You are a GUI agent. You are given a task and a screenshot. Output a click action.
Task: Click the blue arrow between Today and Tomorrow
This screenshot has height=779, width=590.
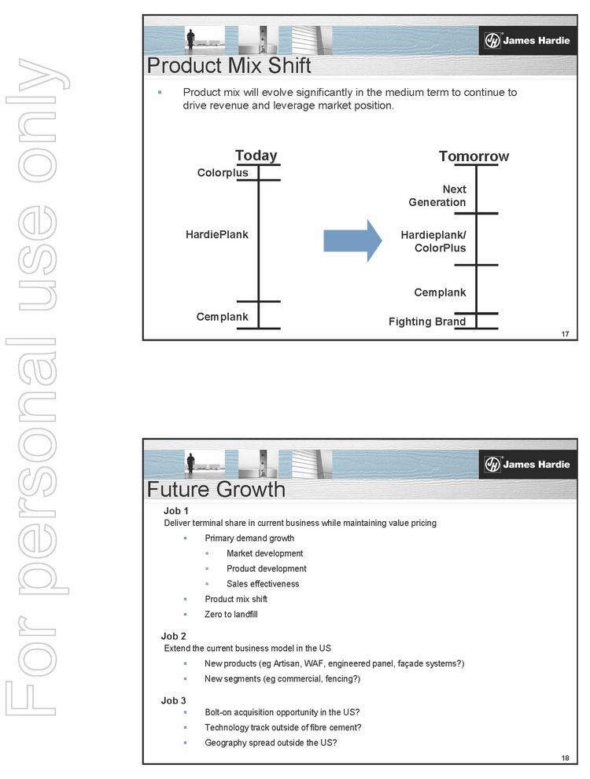(352, 241)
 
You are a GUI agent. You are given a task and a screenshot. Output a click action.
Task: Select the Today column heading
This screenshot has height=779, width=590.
(256, 156)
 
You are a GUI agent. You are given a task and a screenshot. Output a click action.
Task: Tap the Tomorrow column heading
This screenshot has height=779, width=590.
(474, 156)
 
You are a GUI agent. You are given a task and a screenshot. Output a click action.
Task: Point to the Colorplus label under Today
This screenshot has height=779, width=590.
(223, 173)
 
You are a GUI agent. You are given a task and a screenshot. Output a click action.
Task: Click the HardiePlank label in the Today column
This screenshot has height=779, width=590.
(217, 234)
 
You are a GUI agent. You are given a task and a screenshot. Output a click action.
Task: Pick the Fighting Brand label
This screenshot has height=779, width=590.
(427, 322)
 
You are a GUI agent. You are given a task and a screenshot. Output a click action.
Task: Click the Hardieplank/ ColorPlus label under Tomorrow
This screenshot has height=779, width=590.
(433, 241)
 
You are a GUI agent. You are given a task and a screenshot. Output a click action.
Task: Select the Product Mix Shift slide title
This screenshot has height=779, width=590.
(229, 64)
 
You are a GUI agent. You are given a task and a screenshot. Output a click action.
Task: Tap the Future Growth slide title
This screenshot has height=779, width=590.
(216, 490)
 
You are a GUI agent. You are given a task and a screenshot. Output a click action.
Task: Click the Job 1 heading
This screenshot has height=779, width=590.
(174, 511)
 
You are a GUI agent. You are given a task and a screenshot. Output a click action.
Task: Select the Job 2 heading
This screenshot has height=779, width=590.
(174, 636)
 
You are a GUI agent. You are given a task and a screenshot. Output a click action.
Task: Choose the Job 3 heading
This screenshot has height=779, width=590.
(174, 700)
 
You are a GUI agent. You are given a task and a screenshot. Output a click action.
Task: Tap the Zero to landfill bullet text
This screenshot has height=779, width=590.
(231, 614)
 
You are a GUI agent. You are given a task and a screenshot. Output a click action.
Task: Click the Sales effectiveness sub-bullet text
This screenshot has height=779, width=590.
(263, 584)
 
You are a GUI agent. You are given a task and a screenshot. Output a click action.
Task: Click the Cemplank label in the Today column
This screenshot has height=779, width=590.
(223, 317)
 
